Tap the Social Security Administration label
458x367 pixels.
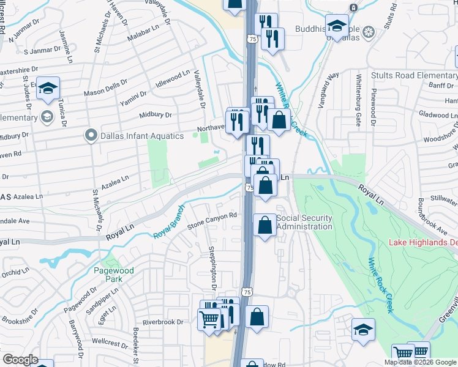[x=304, y=222]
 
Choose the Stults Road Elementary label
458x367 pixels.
[x=414, y=76]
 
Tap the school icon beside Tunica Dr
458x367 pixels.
[x=47, y=89]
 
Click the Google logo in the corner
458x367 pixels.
[x=20, y=360]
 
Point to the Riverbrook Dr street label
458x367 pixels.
[x=162, y=322]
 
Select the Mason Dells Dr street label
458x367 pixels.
[x=105, y=89]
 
